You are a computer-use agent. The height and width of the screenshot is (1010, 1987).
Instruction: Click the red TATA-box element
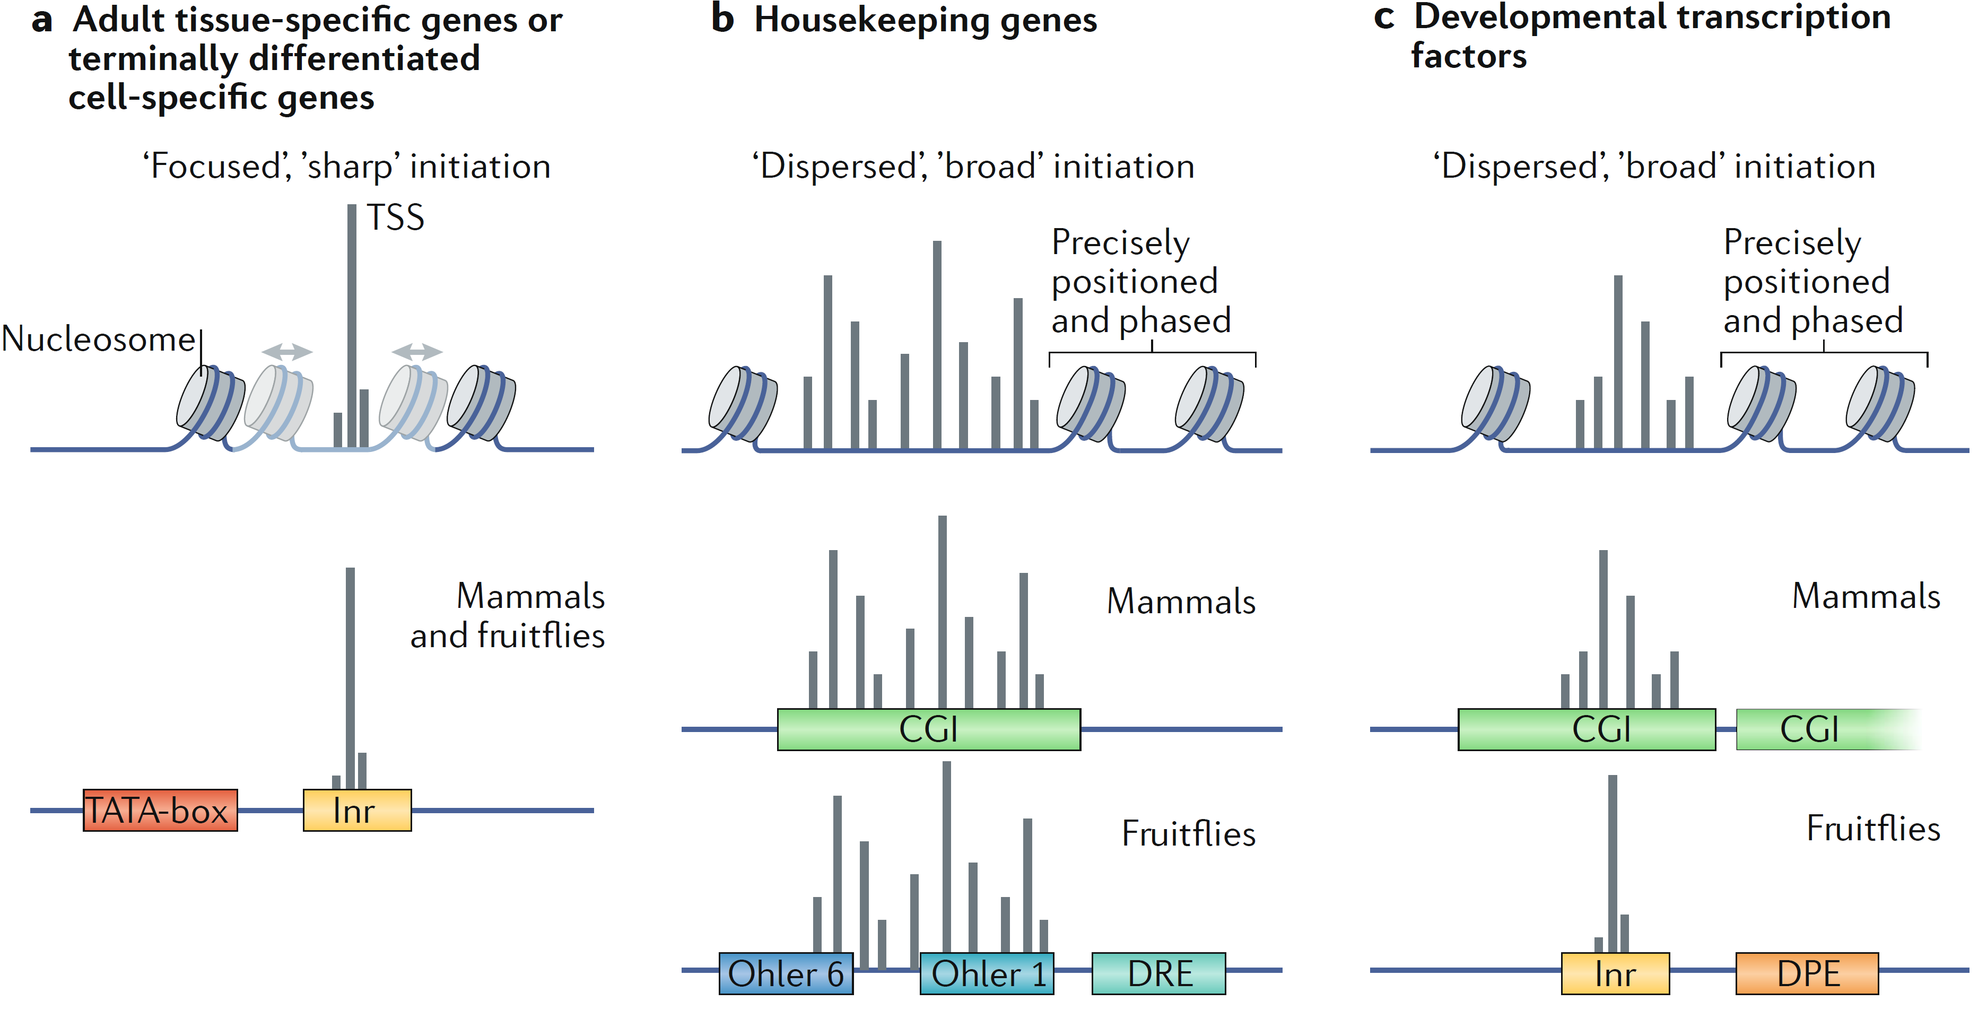click(160, 810)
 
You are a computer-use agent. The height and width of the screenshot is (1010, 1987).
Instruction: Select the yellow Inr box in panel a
click(356, 810)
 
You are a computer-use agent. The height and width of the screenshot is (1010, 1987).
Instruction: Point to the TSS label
click(395, 217)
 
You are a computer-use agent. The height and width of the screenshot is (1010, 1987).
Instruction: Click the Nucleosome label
click(99, 339)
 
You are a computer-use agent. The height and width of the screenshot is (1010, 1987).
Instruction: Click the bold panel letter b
click(722, 19)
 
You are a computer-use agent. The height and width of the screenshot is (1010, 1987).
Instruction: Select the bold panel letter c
click(1384, 17)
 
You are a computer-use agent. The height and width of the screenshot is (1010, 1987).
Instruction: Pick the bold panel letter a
click(42, 20)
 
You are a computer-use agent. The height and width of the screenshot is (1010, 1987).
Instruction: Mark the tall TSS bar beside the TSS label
click(352, 324)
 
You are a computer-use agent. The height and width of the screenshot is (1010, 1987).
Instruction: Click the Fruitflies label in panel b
click(1188, 833)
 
